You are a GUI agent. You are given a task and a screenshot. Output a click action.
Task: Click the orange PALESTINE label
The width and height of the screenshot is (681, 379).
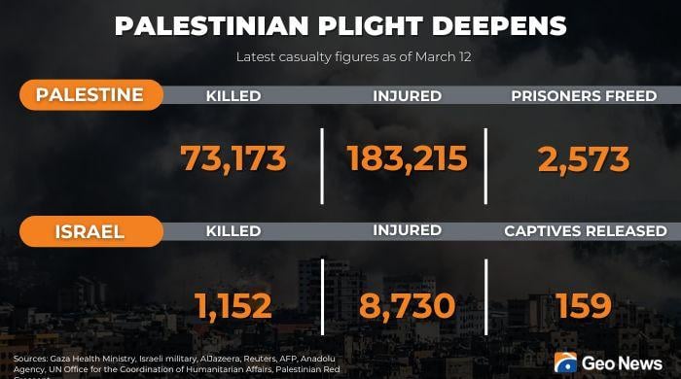click(x=90, y=94)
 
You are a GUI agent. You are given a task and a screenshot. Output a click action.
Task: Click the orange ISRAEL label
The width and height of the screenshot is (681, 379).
click(x=90, y=231)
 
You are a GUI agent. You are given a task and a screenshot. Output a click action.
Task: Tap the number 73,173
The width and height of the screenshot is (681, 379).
click(x=233, y=157)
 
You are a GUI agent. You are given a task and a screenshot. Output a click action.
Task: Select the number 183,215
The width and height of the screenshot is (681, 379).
click(x=407, y=157)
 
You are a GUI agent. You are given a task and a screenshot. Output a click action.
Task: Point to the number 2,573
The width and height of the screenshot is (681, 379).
click(x=583, y=157)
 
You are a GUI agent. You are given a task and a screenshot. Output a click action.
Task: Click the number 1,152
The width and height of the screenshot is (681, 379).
click(x=233, y=306)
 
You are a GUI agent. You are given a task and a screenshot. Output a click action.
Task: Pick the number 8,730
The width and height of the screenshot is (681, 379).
click(x=407, y=306)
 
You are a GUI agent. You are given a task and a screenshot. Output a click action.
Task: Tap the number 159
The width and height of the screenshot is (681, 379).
click(x=584, y=306)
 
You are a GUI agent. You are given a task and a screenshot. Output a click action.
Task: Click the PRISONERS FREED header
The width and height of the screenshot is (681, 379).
click(x=584, y=96)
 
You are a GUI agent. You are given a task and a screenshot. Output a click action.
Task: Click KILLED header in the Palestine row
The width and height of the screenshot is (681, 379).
click(x=233, y=96)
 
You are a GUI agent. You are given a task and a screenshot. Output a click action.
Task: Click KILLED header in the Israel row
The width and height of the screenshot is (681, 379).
click(x=233, y=231)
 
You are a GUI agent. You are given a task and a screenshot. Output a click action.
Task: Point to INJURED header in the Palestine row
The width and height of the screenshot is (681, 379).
click(x=407, y=96)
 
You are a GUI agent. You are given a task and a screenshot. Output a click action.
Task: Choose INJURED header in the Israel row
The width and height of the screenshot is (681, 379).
click(x=407, y=231)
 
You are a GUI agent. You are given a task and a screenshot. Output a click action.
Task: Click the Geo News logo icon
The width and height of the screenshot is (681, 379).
click(x=565, y=362)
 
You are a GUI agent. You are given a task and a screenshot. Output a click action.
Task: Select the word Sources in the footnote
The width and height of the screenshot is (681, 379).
click(x=31, y=359)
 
